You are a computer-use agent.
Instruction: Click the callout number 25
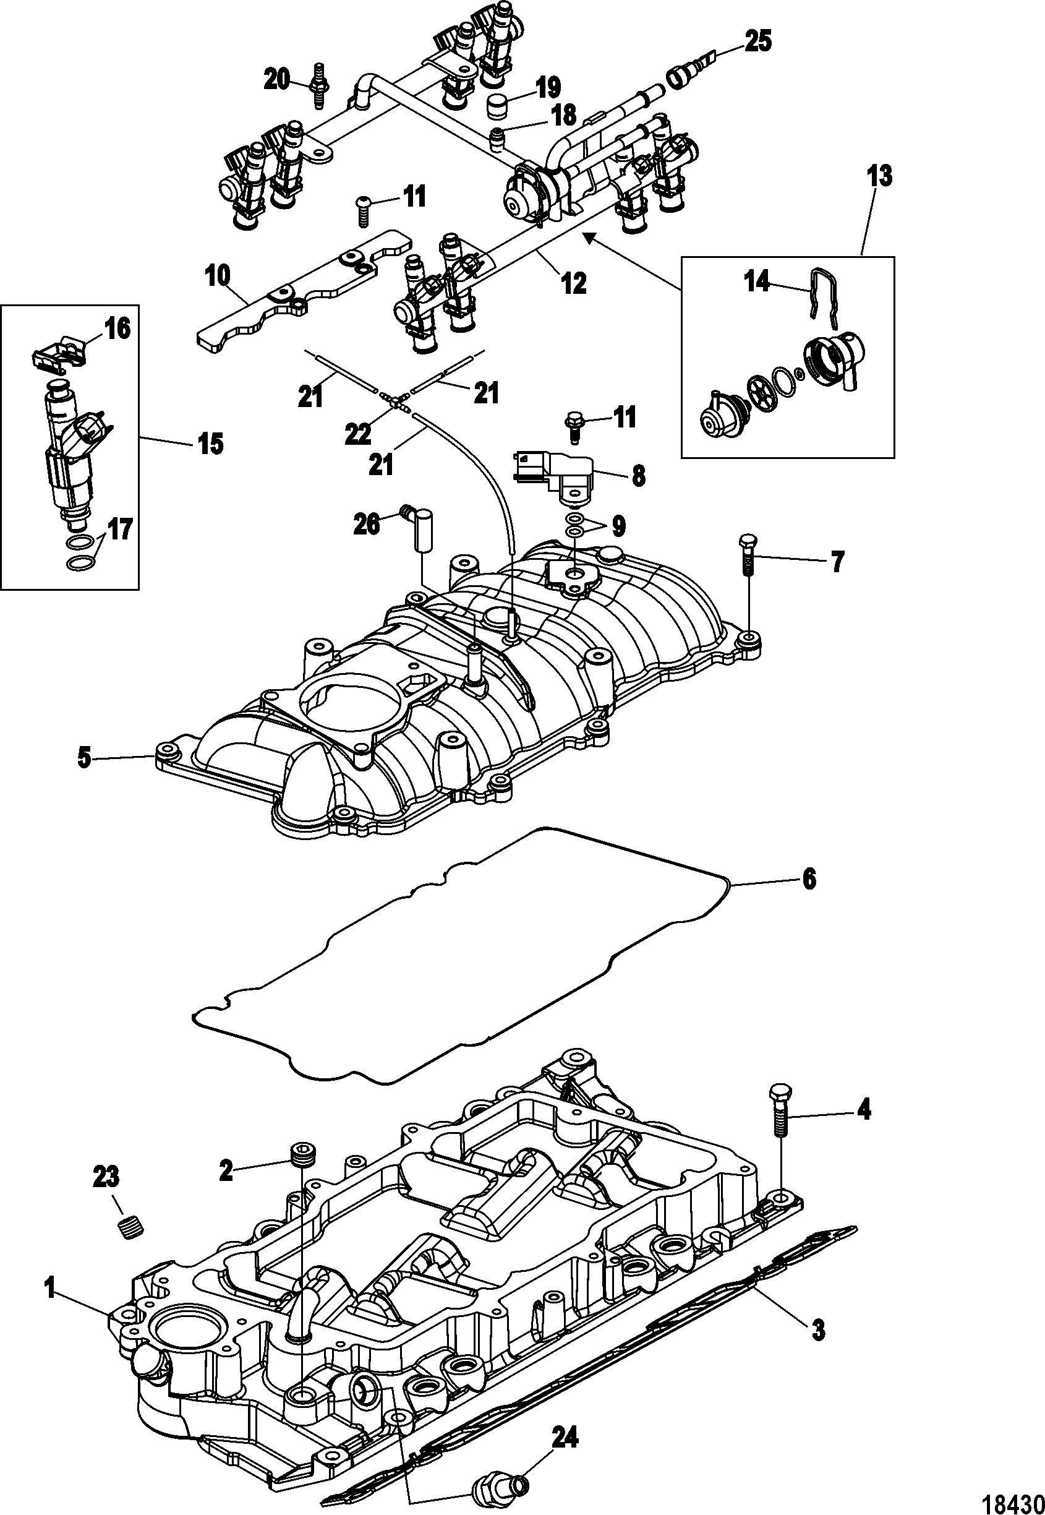tap(757, 41)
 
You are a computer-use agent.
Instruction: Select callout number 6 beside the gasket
tap(810, 880)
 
